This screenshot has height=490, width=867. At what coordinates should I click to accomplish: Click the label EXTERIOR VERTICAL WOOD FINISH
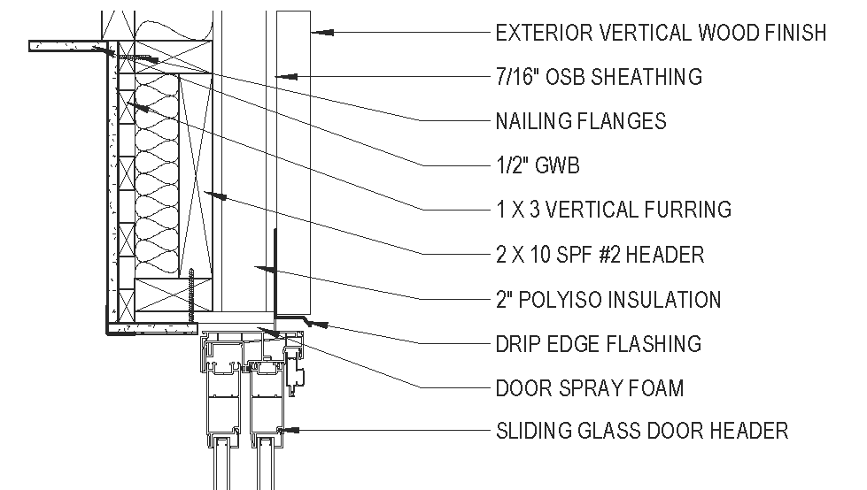click(x=661, y=33)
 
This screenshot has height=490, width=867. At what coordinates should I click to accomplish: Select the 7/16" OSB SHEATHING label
click(x=599, y=77)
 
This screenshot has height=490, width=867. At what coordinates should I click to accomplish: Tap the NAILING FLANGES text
click(x=581, y=121)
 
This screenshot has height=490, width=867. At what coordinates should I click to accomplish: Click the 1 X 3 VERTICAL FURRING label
click(x=614, y=210)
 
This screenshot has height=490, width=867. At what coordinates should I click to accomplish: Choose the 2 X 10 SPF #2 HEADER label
click(x=600, y=255)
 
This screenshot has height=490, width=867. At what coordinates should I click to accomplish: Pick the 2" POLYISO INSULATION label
click(x=608, y=299)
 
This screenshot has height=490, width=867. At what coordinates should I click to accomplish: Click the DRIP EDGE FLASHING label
click(x=599, y=343)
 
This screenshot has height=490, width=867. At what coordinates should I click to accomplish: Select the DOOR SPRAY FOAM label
click(x=590, y=387)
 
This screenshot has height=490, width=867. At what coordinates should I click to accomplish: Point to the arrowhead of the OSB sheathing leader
click(x=282, y=77)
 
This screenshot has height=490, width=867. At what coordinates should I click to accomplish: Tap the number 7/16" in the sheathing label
click(x=517, y=77)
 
